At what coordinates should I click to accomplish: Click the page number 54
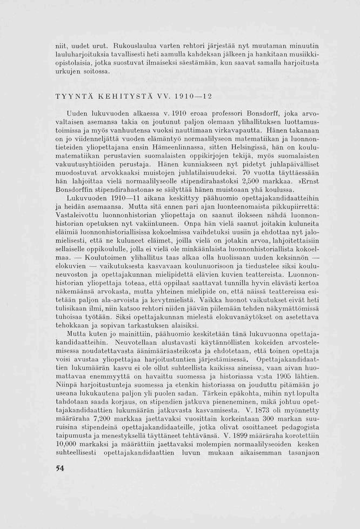tap(60, 468)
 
